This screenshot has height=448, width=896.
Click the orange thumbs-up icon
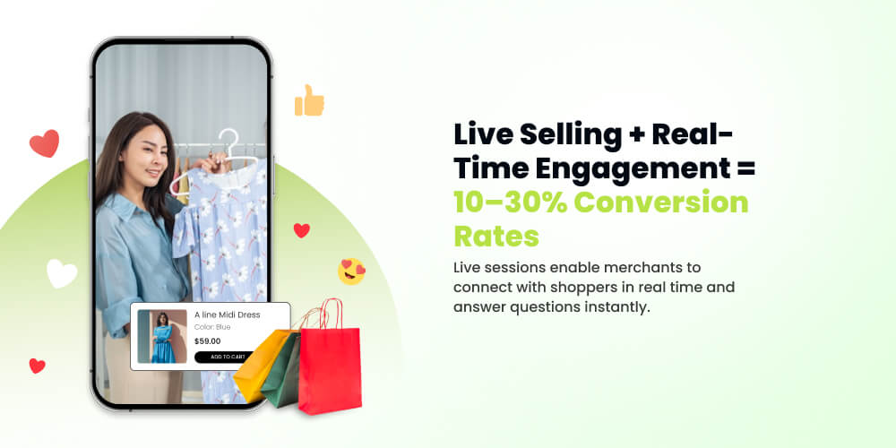point(309,100)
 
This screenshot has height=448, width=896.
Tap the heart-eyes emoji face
point(351,271)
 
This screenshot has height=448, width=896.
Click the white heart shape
point(61,272)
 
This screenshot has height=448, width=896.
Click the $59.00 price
point(207,340)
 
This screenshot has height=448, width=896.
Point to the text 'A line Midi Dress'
point(227,314)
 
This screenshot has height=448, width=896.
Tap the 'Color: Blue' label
point(212,327)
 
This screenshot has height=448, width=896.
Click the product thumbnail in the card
point(162,336)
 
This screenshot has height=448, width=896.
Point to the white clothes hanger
point(224,161)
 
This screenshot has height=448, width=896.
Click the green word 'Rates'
point(495,236)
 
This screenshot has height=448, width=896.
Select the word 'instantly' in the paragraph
point(608,307)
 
